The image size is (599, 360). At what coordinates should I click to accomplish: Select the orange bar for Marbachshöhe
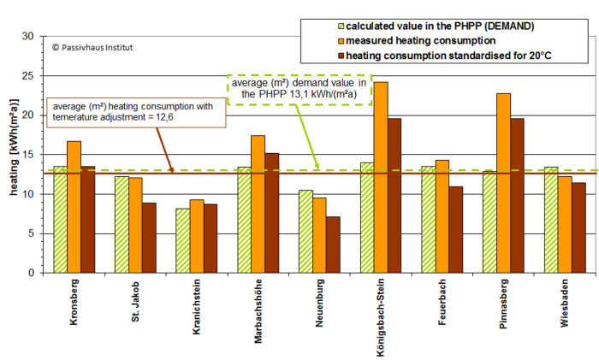pyautogui.click(x=258, y=204)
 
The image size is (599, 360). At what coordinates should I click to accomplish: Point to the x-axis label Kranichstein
pyautogui.click(x=197, y=316)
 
